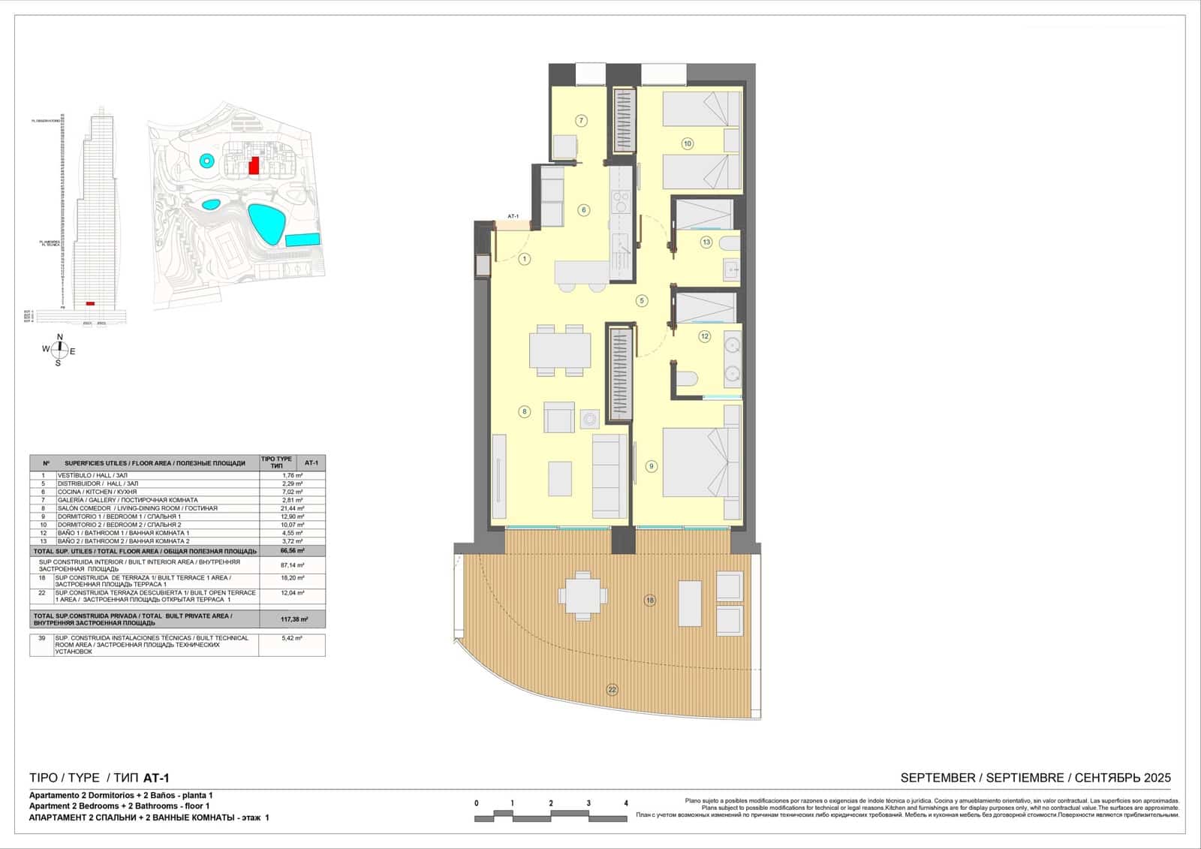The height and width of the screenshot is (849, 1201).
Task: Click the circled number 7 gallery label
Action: [x=581, y=120]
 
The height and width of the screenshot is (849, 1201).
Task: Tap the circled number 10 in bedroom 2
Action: [x=687, y=143]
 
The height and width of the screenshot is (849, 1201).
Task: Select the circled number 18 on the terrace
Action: [x=650, y=600]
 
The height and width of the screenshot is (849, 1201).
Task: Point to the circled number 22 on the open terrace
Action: [x=613, y=689]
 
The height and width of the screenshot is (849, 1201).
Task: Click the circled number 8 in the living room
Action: [x=525, y=411]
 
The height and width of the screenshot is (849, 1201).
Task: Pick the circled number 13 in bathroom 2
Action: [x=706, y=242]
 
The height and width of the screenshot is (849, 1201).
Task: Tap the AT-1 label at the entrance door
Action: [x=514, y=216]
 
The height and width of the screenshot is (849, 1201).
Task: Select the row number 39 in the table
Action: [x=42, y=638]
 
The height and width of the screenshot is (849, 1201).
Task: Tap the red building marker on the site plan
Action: [x=254, y=165]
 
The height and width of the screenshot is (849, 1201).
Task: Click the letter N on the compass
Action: [x=60, y=336]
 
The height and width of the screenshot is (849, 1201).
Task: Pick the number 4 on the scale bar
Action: [x=626, y=803]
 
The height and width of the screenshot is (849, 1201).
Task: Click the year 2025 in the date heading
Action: [x=1156, y=778]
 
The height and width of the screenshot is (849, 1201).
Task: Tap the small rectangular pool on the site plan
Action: [x=303, y=240]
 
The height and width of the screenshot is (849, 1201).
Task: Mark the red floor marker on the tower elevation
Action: [x=90, y=303]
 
